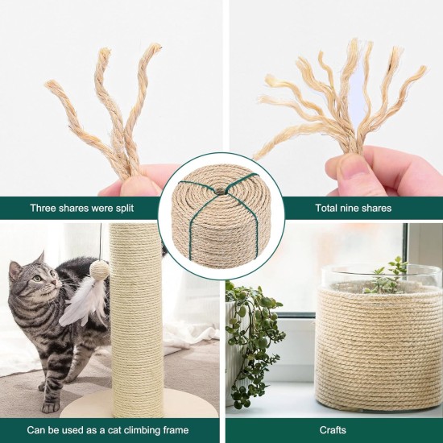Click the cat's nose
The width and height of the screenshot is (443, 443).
click(x=60, y=283)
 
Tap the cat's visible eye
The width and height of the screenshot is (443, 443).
click(x=37, y=279)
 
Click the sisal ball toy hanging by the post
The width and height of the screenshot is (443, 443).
click(x=98, y=269)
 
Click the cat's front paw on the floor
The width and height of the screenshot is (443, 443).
click(x=50, y=407)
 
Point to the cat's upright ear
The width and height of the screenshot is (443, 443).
click(x=40, y=258)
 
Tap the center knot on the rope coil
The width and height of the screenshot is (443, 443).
click(x=221, y=190)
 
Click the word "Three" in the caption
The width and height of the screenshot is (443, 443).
click(x=43, y=209)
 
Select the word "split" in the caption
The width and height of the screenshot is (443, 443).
click(x=124, y=209)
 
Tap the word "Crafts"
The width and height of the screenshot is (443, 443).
click(x=333, y=430)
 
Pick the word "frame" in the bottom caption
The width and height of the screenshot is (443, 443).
click(x=176, y=430)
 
